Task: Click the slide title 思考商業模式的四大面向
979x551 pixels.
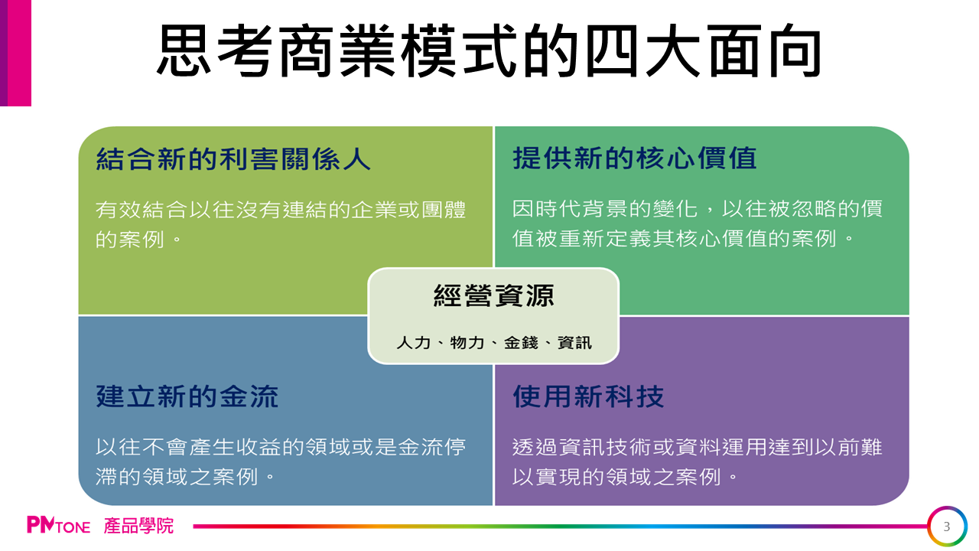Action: [x=489, y=51]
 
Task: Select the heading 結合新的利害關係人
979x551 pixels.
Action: [x=233, y=158]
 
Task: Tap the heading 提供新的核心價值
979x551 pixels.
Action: [x=635, y=158]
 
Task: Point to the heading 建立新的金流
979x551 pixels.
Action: [x=187, y=396]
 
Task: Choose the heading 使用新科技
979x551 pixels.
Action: [x=588, y=396]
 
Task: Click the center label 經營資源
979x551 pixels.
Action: [x=494, y=295]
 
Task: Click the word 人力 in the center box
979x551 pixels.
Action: [x=414, y=342]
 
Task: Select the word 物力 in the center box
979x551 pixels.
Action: [x=467, y=342]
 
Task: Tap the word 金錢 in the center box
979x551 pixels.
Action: [x=521, y=342]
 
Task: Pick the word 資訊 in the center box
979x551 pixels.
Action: [x=574, y=342]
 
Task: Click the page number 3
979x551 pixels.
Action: [x=947, y=527]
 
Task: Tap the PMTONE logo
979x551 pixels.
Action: [x=59, y=525]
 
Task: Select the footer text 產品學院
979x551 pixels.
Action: [x=138, y=526]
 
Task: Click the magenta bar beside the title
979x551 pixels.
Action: [x=16, y=53]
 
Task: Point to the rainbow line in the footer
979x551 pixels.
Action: [x=561, y=527]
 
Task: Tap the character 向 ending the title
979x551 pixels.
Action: [x=795, y=51]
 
